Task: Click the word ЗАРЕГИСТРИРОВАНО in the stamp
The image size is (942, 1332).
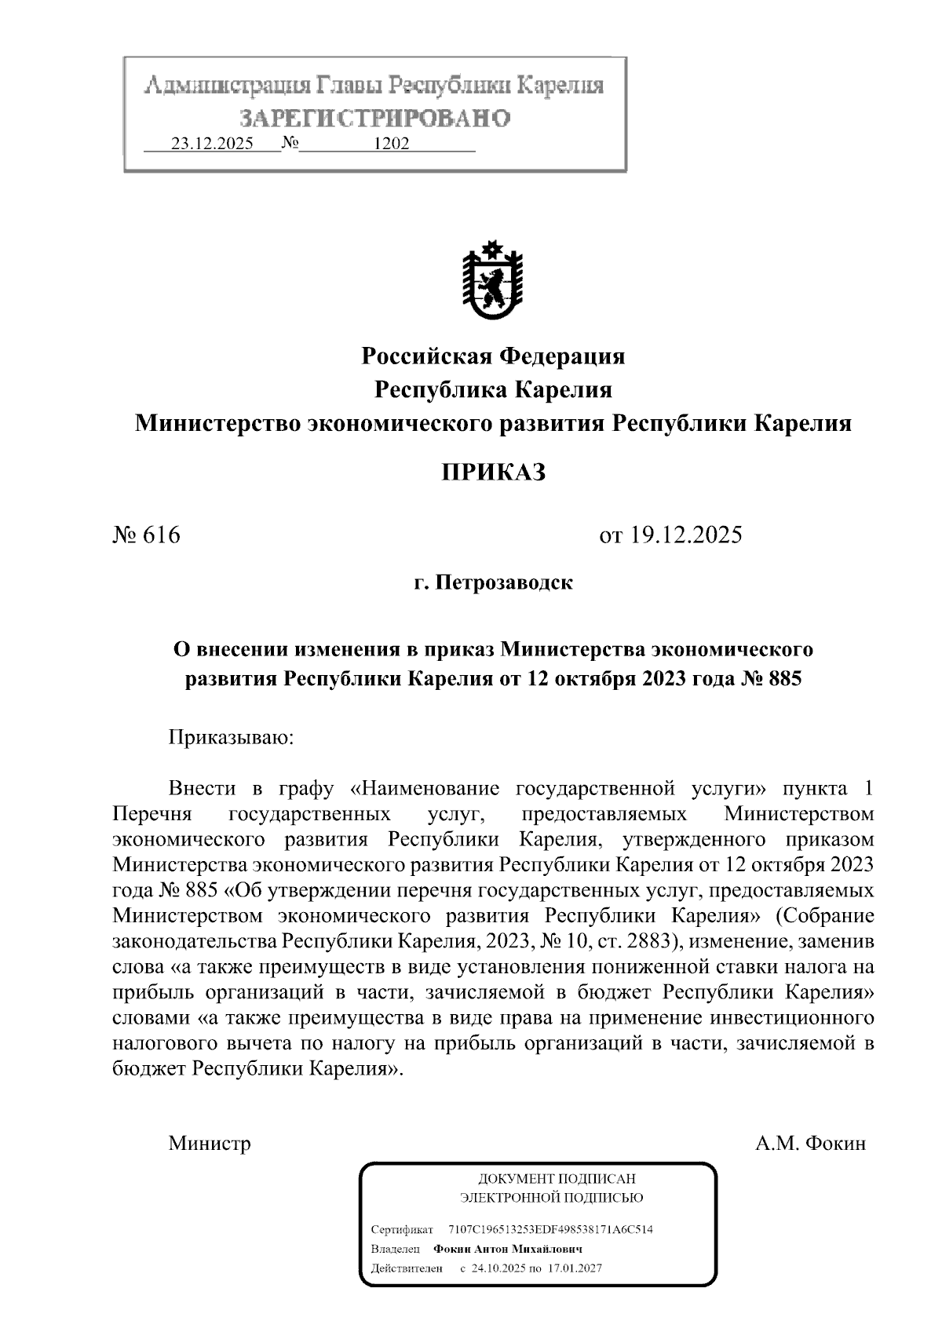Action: [x=374, y=119]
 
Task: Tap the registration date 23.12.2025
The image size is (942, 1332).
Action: [x=212, y=144]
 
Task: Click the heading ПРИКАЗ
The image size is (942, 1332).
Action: [x=492, y=473]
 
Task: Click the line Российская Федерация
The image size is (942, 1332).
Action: [x=493, y=356]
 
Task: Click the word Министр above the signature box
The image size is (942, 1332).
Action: [x=210, y=1143]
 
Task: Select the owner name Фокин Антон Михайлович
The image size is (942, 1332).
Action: [x=508, y=1249]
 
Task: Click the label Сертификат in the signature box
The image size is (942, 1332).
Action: [x=401, y=1229]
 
